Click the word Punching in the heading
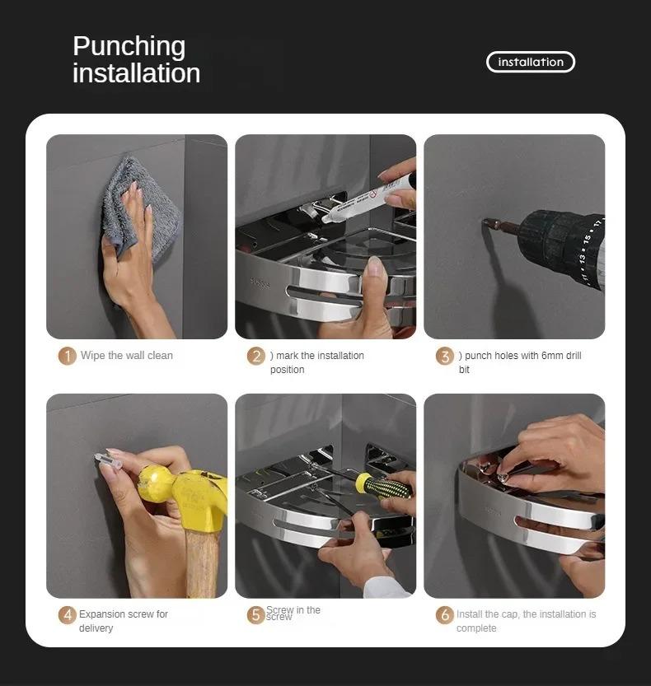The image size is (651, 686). pyautogui.click(x=129, y=46)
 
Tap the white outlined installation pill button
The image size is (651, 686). pyautogui.click(x=531, y=62)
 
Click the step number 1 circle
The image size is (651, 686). pyautogui.click(x=68, y=356)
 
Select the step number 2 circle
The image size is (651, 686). pyautogui.click(x=256, y=356)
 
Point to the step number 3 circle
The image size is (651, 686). pyautogui.click(x=445, y=356)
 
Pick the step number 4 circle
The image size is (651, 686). pyautogui.click(x=68, y=614)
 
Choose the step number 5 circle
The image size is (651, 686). pyautogui.click(x=256, y=614)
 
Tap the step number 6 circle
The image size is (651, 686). pyautogui.click(x=445, y=614)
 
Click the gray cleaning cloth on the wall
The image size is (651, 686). pyautogui.click(x=140, y=206)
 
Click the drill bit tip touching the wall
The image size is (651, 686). pyautogui.click(x=486, y=222)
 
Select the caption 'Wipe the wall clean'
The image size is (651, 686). pyautogui.click(x=126, y=356)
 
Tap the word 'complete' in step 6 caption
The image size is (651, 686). pyautogui.click(x=476, y=628)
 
